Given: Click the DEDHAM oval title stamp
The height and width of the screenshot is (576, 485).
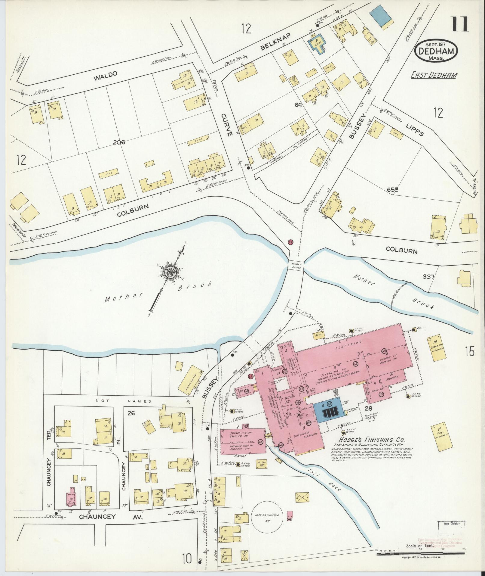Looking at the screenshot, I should (436, 51).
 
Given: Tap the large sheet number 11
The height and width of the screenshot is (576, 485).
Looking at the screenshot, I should (459, 24).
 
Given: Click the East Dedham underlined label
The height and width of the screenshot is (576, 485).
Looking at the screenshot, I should (433, 75).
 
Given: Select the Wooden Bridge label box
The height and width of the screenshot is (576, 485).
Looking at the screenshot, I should (296, 265).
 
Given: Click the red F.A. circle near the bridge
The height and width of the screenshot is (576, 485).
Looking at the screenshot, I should (290, 242).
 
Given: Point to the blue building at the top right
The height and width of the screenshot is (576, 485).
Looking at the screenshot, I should (381, 16).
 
